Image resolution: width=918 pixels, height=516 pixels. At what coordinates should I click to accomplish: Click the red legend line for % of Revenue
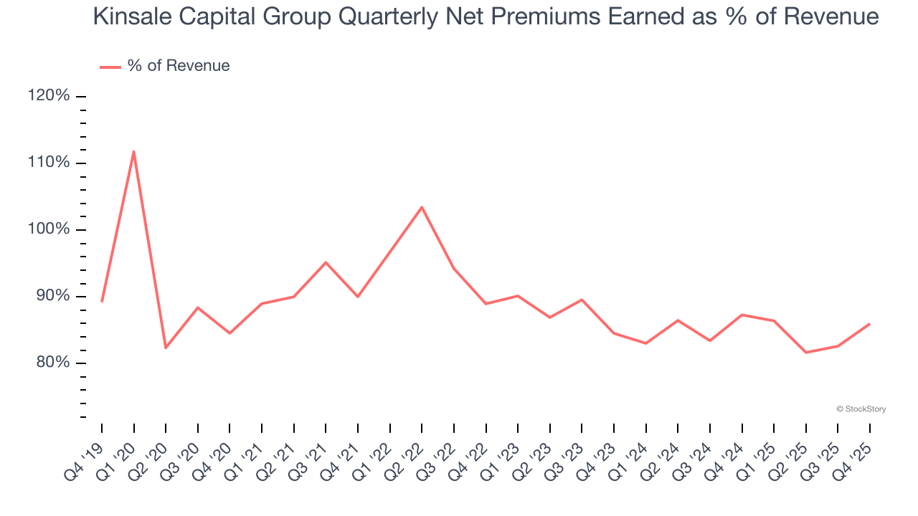[110, 67]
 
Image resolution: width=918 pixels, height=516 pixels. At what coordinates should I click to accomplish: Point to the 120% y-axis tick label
[49, 96]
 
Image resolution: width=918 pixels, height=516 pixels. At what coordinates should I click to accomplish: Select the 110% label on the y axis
[49, 163]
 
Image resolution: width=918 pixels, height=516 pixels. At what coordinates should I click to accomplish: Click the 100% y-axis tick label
[49, 229]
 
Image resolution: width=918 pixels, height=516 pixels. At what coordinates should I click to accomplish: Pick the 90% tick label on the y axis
[52, 296]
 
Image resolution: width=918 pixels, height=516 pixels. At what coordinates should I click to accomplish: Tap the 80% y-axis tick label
[52, 363]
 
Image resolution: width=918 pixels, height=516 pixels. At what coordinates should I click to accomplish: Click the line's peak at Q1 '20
[133, 151]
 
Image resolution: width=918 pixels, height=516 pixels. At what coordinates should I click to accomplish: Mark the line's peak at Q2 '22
[422, 207]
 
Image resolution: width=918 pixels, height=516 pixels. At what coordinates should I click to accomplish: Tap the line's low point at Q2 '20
[166, 348]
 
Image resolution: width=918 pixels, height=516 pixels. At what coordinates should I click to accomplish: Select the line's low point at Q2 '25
[806, 353]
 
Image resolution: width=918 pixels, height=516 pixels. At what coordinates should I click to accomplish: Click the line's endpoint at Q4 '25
[870, 324]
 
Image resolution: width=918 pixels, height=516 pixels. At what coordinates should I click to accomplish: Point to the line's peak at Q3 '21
[326, 262]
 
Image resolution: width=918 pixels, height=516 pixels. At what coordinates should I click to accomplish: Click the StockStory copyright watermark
[861, 409]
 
